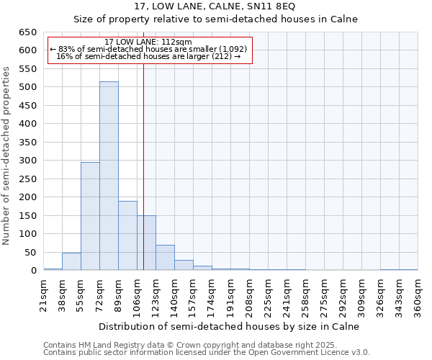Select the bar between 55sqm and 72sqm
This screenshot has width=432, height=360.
click(x=90, y=216)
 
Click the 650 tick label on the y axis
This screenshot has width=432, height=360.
click(x=27, y=32)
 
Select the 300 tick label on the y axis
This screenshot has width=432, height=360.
click(x=27, y=161)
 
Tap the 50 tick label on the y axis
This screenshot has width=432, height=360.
click(x=30, y=253)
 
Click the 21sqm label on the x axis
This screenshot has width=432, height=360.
click(x=44, y=294)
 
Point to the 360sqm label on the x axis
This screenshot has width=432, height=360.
click(x=418, y=294)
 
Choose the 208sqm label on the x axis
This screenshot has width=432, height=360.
click(x=250, y=294)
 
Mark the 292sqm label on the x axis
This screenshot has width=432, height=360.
click(x=343, y=294)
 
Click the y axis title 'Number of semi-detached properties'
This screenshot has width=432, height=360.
click(x=7, y=156)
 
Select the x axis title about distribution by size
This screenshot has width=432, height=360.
click(x=228, y=326)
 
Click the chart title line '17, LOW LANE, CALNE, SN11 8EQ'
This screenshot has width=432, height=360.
click(x=215, y=6)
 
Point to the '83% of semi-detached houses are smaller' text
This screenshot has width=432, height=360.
click(x=148, y=49)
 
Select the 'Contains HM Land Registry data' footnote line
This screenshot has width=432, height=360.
click(x=196, y=345)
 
